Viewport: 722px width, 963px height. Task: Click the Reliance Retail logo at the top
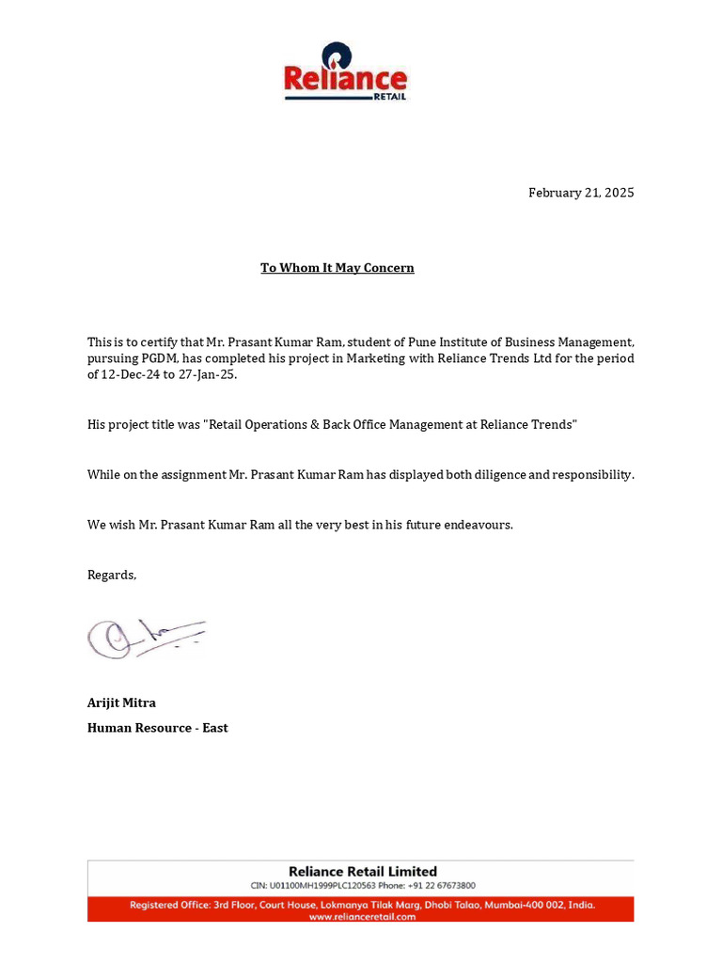(x=345, y=72)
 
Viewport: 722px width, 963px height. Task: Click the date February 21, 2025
(x=580, y=193)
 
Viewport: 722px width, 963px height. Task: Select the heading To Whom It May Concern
(x=337, y=268)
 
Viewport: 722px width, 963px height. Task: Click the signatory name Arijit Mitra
(x=121, y=703)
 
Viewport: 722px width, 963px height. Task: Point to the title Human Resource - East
(x=157, y=728)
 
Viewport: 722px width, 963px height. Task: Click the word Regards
(x=111, y=575)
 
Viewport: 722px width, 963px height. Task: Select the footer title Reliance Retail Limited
(x=362, y=872)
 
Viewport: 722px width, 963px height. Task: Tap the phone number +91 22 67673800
(x=442, y=886)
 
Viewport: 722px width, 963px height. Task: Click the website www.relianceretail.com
(x=362, y=917)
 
